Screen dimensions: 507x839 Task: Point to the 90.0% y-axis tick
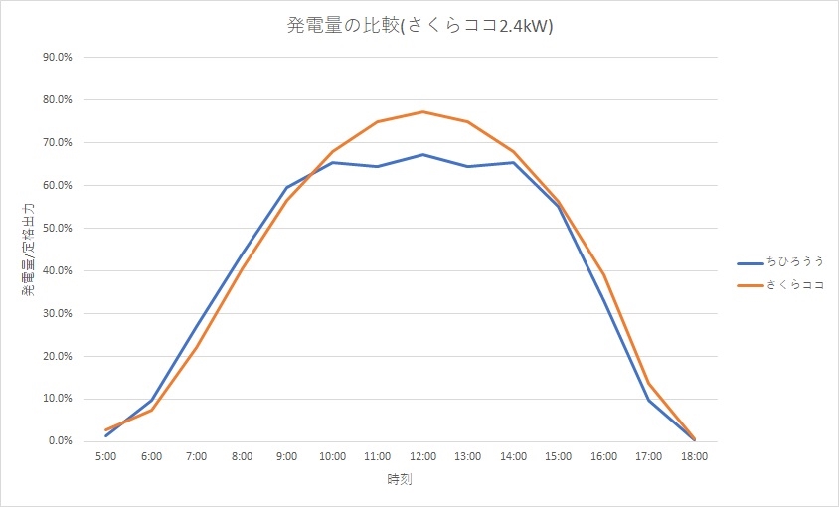(x=57, y=57)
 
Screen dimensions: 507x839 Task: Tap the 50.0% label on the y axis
(x=57, y=228)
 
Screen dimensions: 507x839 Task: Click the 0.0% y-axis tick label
(x=60, y=440)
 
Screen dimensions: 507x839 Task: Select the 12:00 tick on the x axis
(x=422, y=456)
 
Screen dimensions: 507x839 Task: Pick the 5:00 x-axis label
(x=106, y=456)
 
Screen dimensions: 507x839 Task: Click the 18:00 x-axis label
(x=694, y=456)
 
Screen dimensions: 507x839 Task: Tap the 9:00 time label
(x=287, y=456)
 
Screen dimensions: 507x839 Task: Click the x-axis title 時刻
(x=400, y=480)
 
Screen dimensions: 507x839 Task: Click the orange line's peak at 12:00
(x=422, y=111)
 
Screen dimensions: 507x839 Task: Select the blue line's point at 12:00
(x=422, y=154)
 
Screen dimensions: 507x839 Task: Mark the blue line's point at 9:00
(x=287, y=187)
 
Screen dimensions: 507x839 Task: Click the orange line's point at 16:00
(x=603, y=274)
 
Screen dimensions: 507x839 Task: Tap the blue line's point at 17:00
(x=648, y=400)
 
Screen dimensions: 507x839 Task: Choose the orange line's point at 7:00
(x=197, y=346)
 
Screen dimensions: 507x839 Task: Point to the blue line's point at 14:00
(x=513, y=162)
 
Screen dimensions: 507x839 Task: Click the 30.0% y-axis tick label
(x=57, y=313)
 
